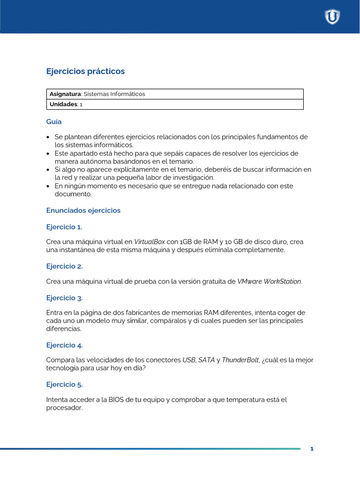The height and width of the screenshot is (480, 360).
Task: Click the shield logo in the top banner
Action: coord(332,17)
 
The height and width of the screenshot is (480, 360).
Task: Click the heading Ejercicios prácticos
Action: coord(85,71)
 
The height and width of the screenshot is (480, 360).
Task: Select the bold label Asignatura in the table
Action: coord(65,94)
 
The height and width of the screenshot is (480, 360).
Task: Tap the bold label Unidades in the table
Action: coord(63,105)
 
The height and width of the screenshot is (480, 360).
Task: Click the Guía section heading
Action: coord(54,121)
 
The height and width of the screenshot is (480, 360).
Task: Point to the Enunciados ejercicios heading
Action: coord(83,210)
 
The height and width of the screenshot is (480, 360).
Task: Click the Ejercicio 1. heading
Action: coord(64,227)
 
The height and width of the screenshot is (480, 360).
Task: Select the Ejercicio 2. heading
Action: coord(64,266)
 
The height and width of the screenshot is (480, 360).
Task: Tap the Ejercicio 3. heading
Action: coord(64,298)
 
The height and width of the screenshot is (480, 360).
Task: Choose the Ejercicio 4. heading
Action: coord(64,345)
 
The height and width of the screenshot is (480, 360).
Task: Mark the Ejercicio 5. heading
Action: coord(64,385)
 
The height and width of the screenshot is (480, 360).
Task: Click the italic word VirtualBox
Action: coord(150,242)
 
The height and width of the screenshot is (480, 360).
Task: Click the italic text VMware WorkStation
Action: coord(270,281)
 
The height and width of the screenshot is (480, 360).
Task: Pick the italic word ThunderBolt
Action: coord(240,360)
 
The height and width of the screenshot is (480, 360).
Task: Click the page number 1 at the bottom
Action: coord(312,449)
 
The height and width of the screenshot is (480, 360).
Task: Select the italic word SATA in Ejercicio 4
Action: coord(206,360)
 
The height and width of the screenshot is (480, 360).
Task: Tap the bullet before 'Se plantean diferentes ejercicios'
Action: coord(49,137)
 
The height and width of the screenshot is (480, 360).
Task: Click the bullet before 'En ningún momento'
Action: coord(49,186)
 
